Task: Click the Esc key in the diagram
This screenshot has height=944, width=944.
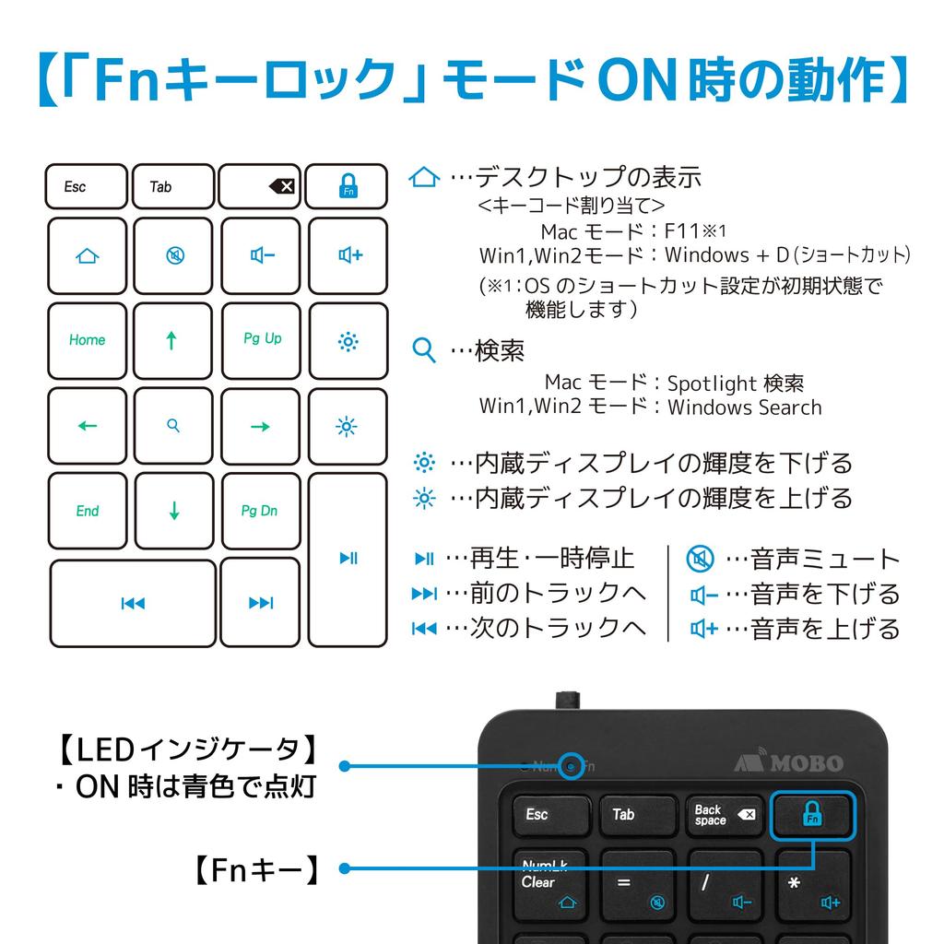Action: coord(86,186)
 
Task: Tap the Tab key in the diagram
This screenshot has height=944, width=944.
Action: coord(172,186)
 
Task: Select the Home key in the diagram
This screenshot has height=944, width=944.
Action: coord(87,340)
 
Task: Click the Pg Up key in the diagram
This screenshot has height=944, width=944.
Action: coord(261,340)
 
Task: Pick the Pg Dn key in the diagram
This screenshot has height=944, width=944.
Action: coord(260,511)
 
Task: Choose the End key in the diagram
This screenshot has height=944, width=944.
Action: coord(87,511)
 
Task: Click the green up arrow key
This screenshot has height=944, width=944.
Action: coord(172,340)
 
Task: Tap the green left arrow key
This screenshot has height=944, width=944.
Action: coord(87,426)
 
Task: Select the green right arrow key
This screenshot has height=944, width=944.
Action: coord(261,426)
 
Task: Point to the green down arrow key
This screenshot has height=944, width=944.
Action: coord(173,511)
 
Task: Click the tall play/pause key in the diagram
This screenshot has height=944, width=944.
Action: coord(348,559)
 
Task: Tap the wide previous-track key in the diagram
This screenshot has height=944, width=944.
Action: coord(133,603)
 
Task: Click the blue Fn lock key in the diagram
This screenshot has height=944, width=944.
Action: coord(348,186)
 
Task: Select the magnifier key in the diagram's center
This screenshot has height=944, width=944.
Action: coord(173,426)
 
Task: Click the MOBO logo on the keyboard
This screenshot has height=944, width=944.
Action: coord(789,762)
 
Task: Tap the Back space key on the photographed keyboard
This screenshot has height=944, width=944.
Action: coord(724,814)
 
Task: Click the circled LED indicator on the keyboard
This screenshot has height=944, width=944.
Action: coord(572,766)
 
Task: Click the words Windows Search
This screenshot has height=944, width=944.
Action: coord(744,407)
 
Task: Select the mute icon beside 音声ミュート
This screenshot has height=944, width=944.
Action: coord(700,559)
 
